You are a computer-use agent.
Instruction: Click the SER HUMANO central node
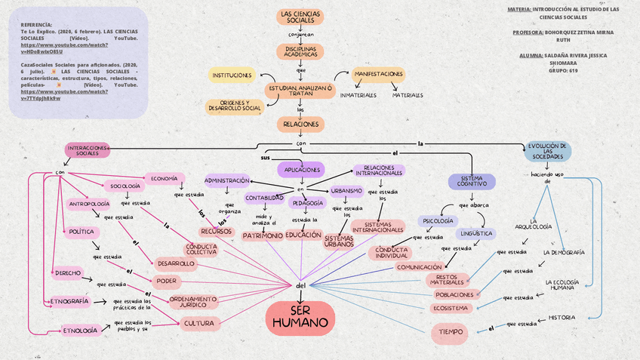[x=300, y=318]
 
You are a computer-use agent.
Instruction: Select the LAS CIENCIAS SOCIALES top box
[x=300, y=17]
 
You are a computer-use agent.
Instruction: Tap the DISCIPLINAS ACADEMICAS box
[x=300, y=51]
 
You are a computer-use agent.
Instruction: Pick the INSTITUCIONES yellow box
[x=232, y=75]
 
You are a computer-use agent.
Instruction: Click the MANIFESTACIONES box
[x=378, y=75]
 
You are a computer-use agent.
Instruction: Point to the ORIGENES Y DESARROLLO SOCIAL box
[x=235, y=106]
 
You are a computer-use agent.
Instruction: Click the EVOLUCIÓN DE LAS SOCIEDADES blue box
[x=548, y=150]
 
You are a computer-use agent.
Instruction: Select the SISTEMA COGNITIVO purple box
[x=472, y=181]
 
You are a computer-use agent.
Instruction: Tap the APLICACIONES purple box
[x=300, y=169]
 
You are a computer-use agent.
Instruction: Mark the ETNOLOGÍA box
[x=80, y=331]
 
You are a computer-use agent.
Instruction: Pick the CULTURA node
[x=199, y=323]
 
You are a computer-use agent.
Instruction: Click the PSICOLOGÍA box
[x=438, y=221]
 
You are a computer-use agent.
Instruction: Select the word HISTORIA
[x=562, y=317]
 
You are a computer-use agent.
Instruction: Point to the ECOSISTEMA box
[x=451, y=308]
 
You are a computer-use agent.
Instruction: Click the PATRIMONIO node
[x=262, y=236]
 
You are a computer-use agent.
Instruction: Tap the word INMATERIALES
[x=358, y=95]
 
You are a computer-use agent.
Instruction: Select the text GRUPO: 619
[x=563, y=70]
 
